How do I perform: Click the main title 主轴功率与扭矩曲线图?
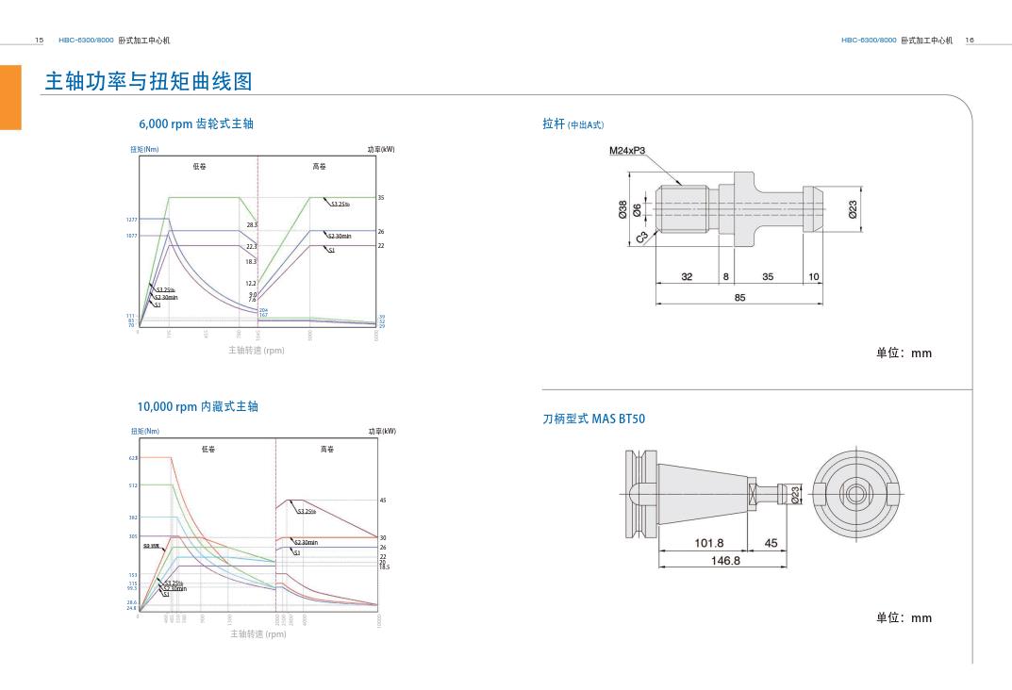point(149,82)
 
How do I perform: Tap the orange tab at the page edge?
point(10,97)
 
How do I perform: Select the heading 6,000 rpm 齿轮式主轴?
point(196,123)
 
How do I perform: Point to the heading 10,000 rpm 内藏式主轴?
point(198,406)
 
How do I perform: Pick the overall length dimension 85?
point(739,297)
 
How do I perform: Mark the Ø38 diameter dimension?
point(622,210)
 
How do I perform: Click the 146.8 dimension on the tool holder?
point(724,560)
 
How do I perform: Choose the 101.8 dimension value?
point(708,543)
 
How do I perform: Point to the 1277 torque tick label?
point(132,220)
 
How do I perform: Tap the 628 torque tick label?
point(133,458)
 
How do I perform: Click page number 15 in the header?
point(39,41)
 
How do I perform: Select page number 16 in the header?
point(970,41)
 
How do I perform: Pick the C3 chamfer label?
point(641,238)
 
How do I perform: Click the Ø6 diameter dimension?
point(638,210)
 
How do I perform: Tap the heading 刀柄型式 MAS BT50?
point(594,419)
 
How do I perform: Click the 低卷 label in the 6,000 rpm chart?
point(199,167)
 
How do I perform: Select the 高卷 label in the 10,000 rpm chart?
point(326,450)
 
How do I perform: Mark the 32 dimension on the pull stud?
point(687,277)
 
